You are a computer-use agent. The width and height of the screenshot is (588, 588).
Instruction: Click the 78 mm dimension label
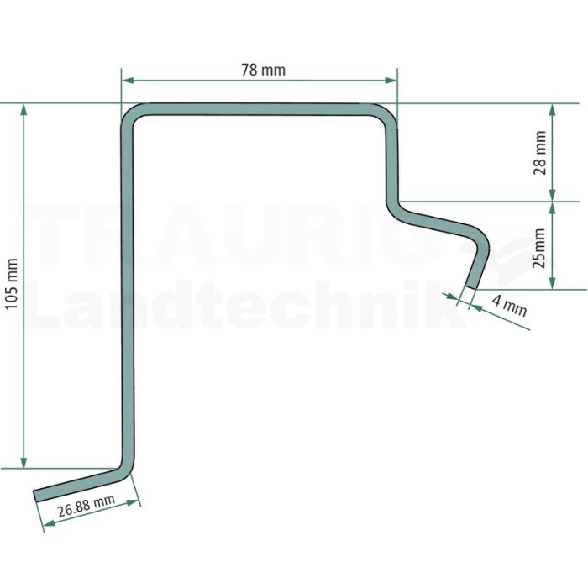pos(263,70)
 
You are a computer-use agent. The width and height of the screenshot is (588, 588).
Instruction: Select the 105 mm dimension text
pos(12,284)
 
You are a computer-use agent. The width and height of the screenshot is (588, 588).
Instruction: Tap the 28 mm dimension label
pos(539,153)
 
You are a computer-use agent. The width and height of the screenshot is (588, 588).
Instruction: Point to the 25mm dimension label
pos(539,249)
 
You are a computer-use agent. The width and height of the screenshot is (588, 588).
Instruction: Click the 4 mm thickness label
pos(510,306)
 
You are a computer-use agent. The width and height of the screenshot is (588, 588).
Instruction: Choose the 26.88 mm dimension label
pos(86,506)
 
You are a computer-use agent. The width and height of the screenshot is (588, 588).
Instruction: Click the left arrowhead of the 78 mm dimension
pos(128,81)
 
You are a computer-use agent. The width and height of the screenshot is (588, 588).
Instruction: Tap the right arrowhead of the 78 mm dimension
pos(391,81)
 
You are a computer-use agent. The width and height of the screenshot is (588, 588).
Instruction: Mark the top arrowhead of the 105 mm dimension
pos(24,109)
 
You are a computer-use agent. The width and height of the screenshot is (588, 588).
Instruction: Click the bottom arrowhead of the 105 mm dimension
pos(24,462)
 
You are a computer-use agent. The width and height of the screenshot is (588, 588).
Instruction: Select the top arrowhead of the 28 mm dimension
pos(552,109)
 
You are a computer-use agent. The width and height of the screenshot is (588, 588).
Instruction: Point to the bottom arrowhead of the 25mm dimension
pos(552,283)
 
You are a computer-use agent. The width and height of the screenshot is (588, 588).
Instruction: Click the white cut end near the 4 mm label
pos(470,288)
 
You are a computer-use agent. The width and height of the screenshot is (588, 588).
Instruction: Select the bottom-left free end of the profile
pos(35,496)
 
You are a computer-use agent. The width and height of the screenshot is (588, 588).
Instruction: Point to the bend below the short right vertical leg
pos(395,211)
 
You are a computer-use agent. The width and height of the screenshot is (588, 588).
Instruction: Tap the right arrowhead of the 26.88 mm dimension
pos(133,502)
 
